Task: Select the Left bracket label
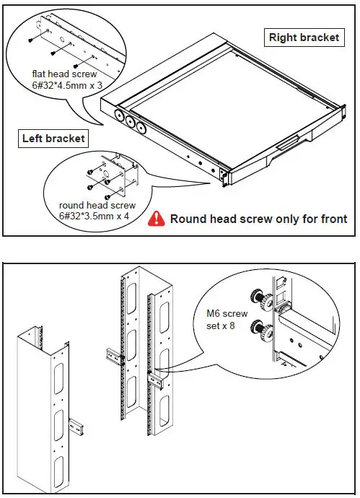(x=53, y=138)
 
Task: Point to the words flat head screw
(x=64, y=73)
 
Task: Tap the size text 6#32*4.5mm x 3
(x=64, y=84)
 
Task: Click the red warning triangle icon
(x=154, y=218)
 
